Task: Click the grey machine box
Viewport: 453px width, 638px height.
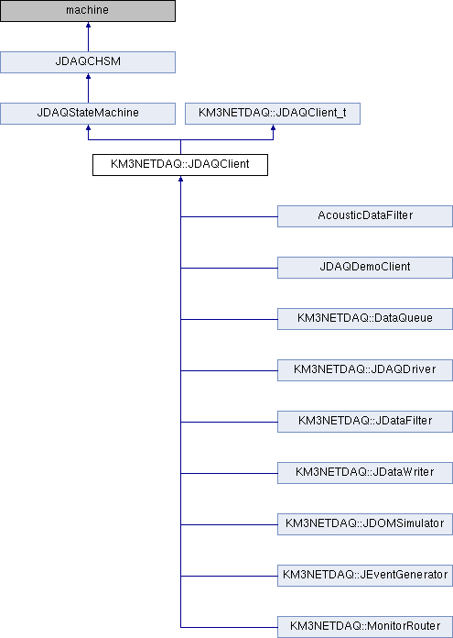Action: pos(88,11)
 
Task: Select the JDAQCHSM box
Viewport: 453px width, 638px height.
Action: pos(88,62)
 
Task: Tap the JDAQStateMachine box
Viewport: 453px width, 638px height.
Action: pos(88,114)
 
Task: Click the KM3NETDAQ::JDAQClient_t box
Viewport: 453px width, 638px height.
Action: pos(273,114)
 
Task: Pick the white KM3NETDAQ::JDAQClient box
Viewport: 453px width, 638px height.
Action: pos(180,165)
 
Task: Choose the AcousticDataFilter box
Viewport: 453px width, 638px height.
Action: pos(365,216)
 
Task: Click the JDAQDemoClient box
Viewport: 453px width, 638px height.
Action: pos(365,268)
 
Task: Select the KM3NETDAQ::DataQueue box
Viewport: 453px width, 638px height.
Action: pos(365,319)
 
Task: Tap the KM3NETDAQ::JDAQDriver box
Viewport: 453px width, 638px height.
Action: pos(365,369)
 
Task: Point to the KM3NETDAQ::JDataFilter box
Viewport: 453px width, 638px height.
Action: pos(365,421)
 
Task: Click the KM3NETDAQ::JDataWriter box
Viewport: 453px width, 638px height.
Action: pos(365,473)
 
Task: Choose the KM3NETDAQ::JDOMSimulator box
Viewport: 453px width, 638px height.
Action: pos(365,524)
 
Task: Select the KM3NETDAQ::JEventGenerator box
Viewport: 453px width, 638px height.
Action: pos(365,576)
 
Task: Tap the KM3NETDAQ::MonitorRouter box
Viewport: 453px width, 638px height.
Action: pos(365,627)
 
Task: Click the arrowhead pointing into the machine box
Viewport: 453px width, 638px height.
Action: pos(88,25)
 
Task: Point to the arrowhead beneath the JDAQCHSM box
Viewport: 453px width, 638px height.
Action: pos(88,76)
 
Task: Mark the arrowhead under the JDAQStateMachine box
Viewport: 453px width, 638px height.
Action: pos(88,127)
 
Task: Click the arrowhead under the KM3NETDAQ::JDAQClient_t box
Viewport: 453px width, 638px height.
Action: pos(273,127)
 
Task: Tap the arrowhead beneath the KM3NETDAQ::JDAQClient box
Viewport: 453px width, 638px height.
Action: pos(181,179)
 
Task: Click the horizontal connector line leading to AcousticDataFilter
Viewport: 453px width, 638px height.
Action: pos(229,216)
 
